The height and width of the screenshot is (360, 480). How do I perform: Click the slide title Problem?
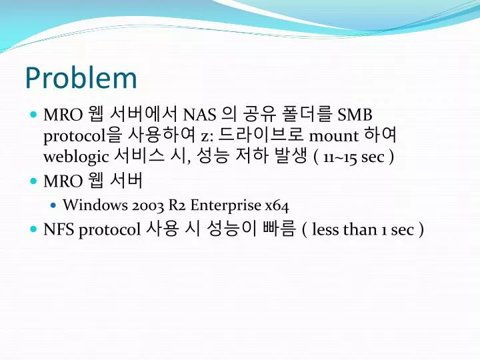coord(81,78)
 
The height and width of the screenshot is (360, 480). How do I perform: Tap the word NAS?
coord(199,115)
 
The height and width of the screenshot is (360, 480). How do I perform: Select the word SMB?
coord(355,115)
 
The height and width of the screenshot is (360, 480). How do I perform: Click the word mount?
coord(334,135)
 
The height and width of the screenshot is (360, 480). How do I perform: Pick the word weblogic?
coord(76,157)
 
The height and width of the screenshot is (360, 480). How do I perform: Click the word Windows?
coord(95,205)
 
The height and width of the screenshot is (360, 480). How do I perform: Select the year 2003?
coord(148,205)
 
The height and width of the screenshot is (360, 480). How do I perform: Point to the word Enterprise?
coord(226,205)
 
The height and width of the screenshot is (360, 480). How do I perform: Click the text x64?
coord(277,205)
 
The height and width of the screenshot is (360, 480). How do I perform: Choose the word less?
coord(326,229)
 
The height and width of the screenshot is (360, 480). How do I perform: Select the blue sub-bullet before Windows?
coord(53,205)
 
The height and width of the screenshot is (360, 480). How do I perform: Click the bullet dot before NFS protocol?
coord(33,229)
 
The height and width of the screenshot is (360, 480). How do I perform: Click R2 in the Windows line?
coord(177,205)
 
